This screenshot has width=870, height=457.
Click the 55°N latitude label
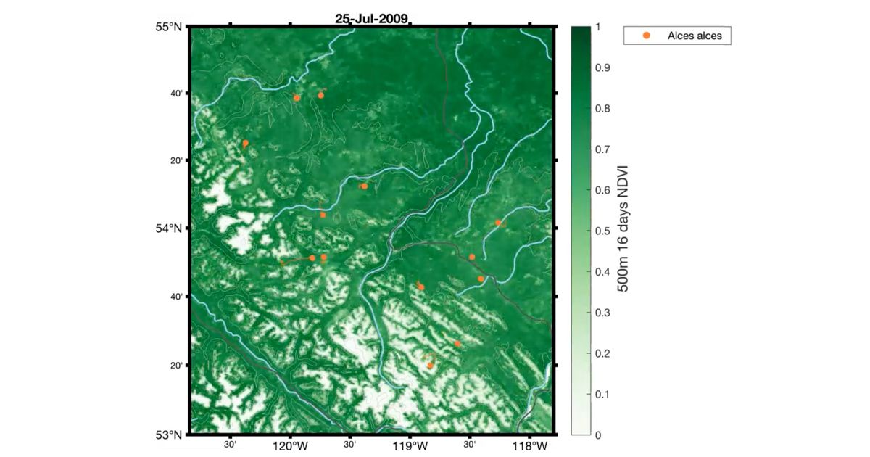pyautogui.click(x=171, y=28)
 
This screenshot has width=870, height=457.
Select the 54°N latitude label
pyautogui.click(x=171, y=228)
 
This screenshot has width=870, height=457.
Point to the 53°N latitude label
pyautogui.click(x=171, y=435)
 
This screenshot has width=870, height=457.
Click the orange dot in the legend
pyautogui.click(x=647, y=35)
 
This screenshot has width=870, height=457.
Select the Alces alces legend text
pyautogui.click(x=695, y=35)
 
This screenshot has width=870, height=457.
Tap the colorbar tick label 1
pyautogui.click(x=597, y=28)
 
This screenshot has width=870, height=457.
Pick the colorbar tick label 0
pyautogui.click(x=597, y=435)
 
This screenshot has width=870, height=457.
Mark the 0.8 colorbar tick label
pyautogui.click(x=602, y=109)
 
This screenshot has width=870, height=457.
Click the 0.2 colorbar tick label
pyautogui.click(x=602, y=353)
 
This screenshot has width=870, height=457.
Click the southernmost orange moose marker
pyautogui.click(x=430, y=365)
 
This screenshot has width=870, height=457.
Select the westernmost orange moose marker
pyautogui.click(x=246, y=144)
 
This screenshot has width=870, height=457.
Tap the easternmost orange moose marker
pyautogui.click(x=498, y=223)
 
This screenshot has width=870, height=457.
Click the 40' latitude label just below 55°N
pyautogui.click(x=176, y=93)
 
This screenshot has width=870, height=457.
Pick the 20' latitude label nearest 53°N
pyautogui.click(x=176, y=366)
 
